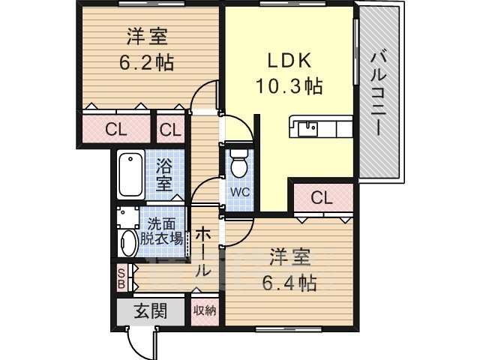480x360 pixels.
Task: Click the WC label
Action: click(x=239, y=190)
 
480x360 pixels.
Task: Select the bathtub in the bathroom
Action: click(x=130, y=176)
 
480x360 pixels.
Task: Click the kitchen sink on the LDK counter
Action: click(x=307, y=128)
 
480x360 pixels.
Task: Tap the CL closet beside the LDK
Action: click(x=321, y=198)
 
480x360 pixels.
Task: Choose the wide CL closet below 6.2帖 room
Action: click(x=115, y=129)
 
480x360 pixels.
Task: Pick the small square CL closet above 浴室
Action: click(x=170, y=129)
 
